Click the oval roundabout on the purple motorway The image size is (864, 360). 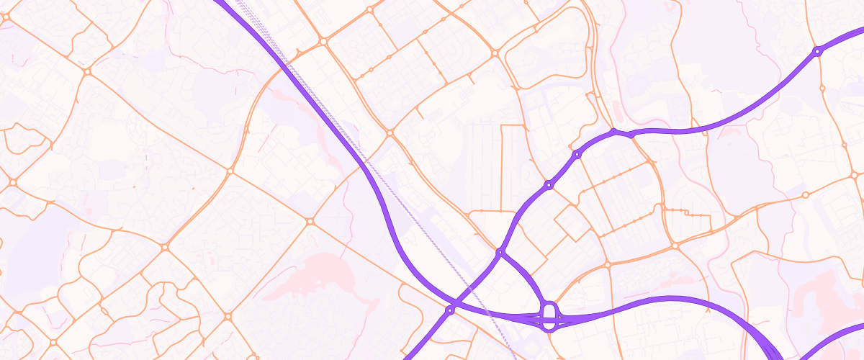549,315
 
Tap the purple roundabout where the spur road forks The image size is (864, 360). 500,252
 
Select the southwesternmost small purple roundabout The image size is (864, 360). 450,310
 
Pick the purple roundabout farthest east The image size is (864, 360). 817,51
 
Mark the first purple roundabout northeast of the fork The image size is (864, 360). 549,185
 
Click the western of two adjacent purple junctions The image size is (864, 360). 614,132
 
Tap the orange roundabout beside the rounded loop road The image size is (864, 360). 495,53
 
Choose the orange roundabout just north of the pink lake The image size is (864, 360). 310,221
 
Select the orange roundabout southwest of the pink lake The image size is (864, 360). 228,316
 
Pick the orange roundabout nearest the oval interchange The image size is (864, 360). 607,265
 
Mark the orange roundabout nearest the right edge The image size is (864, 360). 855,175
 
